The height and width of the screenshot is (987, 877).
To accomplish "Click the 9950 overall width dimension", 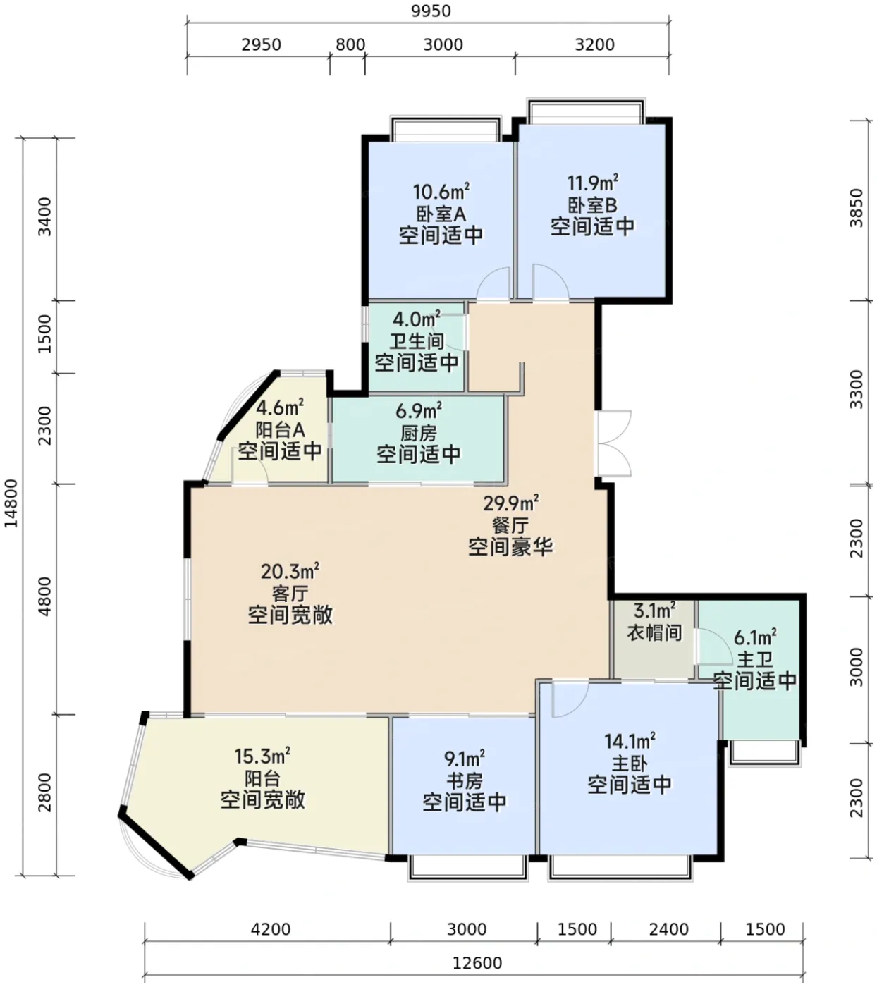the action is (x=431, y=11).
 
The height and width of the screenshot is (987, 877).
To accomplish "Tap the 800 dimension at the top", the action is (x=350, y=45).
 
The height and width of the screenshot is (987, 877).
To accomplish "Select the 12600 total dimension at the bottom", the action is (x=477, y=963).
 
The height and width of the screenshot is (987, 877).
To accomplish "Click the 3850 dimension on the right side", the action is (x=856, y=208).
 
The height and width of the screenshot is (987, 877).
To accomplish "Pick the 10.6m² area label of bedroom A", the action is (x=441, y=192).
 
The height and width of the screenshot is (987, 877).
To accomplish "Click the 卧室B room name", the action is (x=592, y=205).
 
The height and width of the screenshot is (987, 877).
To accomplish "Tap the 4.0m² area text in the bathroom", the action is (x=417, y=319).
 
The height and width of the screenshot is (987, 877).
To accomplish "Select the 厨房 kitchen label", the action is (x=419, y=433).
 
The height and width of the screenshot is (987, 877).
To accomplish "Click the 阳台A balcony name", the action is (x=280, y=429).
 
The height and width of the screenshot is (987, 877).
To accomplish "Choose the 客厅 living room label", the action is (x=290, y=594).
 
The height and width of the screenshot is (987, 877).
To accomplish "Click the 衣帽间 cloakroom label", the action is (x=654, y=633).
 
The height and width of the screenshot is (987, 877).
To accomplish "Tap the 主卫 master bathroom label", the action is (x=755, y=660).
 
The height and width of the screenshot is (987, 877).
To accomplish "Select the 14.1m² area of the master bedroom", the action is (x=630, y=742).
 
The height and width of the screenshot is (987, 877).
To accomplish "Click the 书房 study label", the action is (x=465, y=781).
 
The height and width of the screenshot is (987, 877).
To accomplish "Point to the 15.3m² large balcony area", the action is (x=263, y=756).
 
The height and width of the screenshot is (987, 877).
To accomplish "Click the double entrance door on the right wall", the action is (x=613, y=443).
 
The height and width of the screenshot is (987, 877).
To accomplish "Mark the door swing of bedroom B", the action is (x=551, y=281).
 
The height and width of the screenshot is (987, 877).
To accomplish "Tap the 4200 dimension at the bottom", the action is (x=271, y=929).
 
